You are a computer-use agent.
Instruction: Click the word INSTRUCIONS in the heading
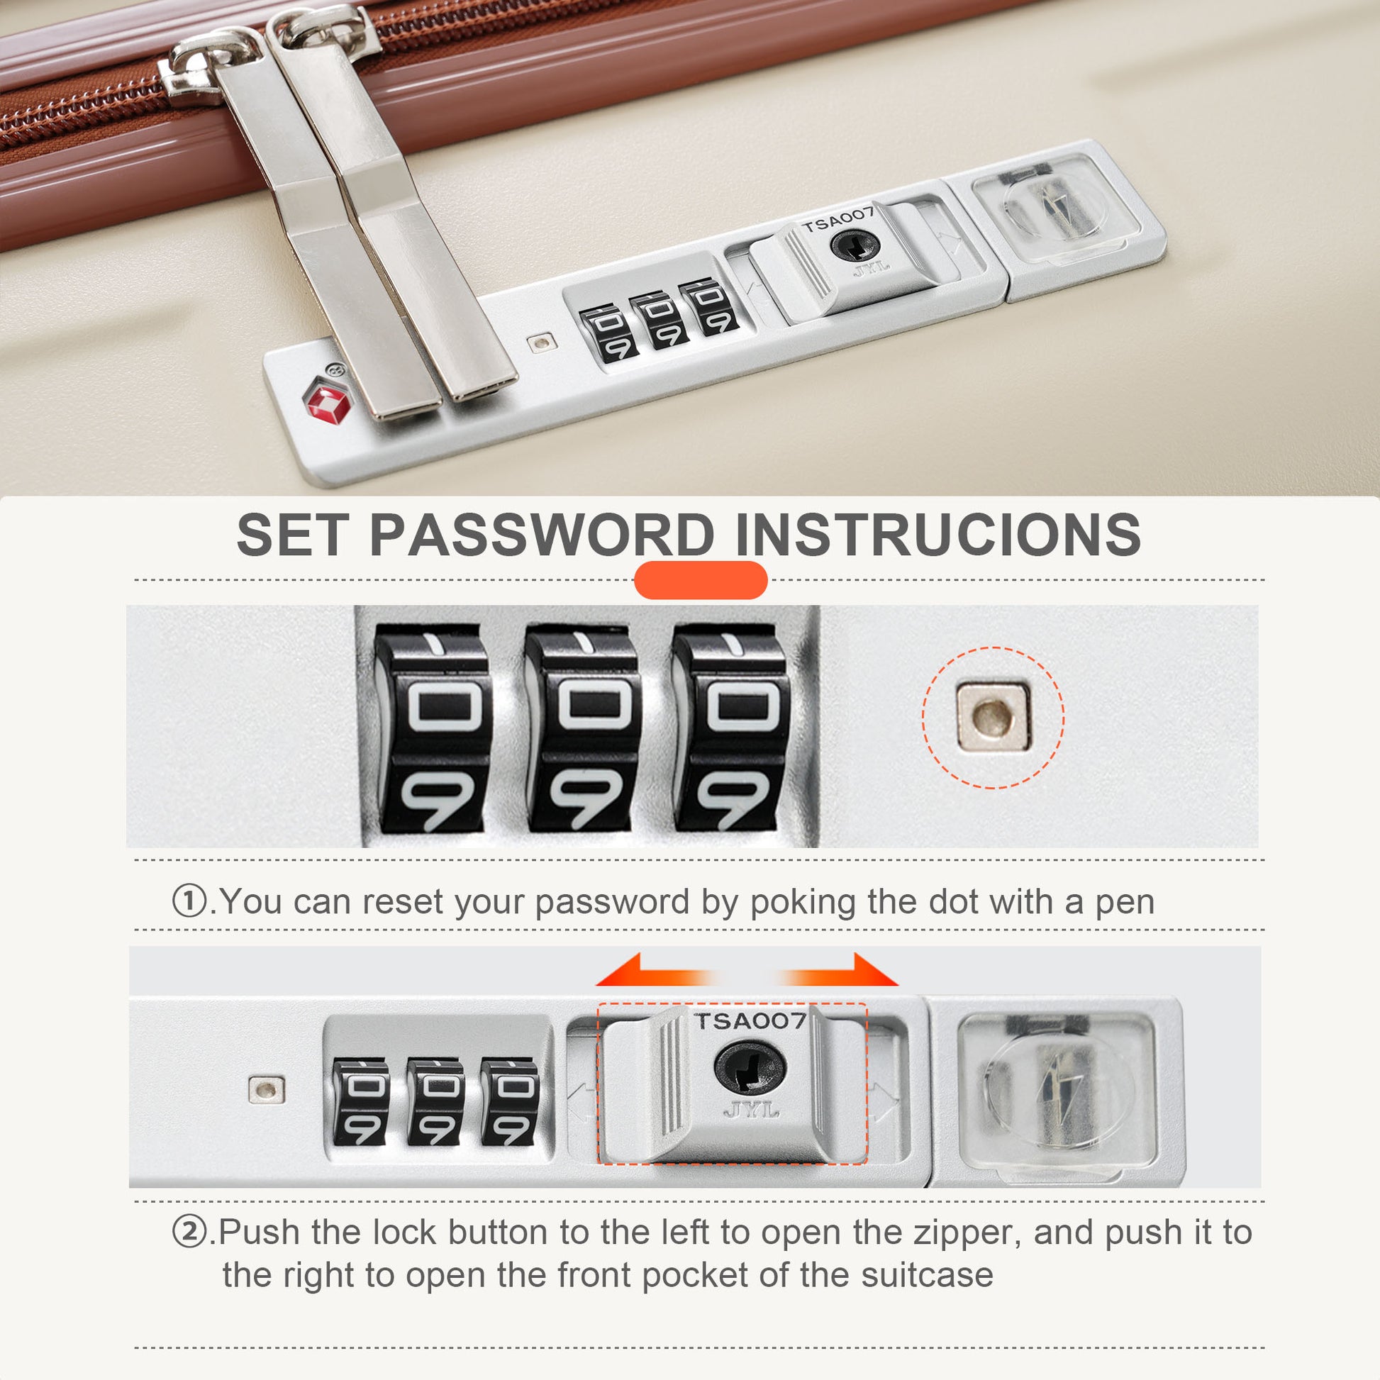point(938,535)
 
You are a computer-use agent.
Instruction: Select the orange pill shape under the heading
point(700,580)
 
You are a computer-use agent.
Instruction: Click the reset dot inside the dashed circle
point(993,717)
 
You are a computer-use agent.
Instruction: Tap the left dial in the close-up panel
point(434,728)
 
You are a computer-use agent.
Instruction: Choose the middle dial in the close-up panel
point(583,728)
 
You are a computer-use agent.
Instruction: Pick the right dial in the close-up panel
point(732,728)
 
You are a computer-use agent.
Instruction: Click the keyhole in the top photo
point(855,247)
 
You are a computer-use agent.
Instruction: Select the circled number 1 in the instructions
point(189,901)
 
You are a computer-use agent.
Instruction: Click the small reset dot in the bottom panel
point(267,1090)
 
